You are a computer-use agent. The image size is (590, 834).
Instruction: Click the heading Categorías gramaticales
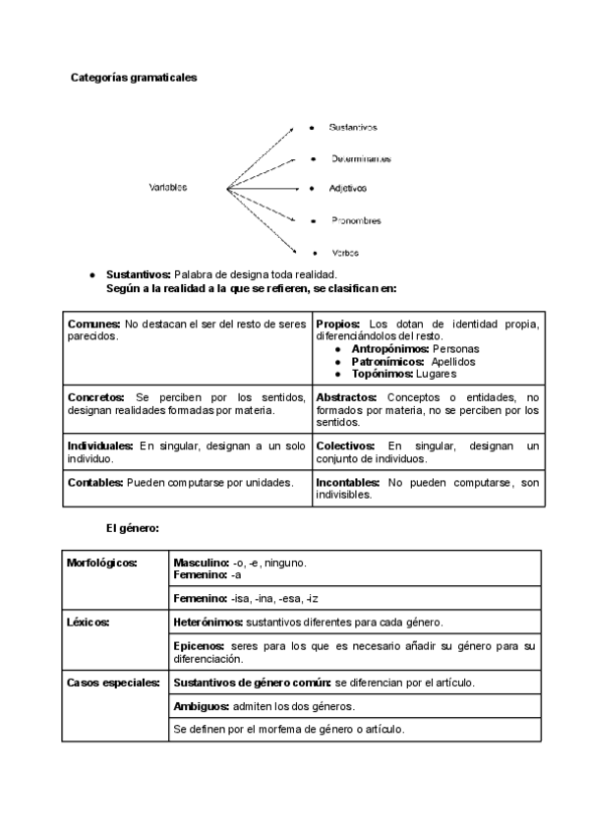[x=134, y=77]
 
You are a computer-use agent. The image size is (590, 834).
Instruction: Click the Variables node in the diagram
[x=168, y=188]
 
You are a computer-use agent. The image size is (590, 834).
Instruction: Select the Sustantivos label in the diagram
[x=353, y=128]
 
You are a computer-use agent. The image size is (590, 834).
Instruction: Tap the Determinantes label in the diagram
[x=360, y=158]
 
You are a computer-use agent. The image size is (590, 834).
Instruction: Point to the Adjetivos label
[x=348, y=188]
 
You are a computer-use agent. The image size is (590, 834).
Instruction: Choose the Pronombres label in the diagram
[x=356, y=220]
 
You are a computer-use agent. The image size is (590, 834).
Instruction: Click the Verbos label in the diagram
[x=344, y=253]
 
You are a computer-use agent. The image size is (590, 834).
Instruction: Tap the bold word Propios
[x=338, y=324]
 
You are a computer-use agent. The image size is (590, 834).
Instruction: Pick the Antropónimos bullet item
[x=388, y=349]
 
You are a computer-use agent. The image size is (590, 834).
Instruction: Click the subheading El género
[x=133, y=529]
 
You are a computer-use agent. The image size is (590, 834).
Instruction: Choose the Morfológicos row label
[x=102, y=563]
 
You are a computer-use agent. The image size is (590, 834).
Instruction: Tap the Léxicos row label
[x=88, y=623]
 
